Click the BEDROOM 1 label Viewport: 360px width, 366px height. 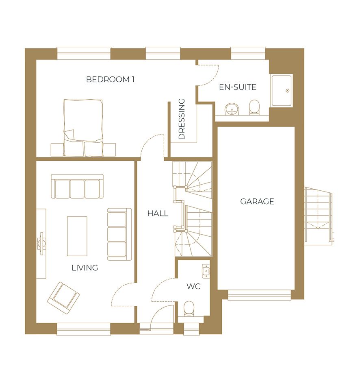[x=110, y=79]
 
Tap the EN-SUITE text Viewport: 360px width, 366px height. [x=238, y=87]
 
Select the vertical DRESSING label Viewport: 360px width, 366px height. [x=181, y=119]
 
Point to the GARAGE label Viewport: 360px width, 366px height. [x=257, y=201]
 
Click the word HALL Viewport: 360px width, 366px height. [x=158, y=213]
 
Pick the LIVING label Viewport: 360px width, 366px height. [x=85, y=268]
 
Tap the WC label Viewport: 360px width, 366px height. [x=193, y=286]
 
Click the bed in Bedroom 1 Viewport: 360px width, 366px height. [x=83, y=128]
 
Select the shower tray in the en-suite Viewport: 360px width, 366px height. [x=282, y=90]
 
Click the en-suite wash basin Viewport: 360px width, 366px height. [x=232, y=109]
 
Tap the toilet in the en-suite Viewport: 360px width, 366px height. [x=254, y=108]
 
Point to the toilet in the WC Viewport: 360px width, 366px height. [x=189, y=308]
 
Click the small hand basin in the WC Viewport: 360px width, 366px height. [x=206, y=271]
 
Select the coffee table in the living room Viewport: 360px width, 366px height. [x=77, y=236]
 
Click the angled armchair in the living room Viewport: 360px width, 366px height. [x=63, y=298]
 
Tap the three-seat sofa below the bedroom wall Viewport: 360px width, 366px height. [x=77, y=186]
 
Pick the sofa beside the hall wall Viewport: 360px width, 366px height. [x=119, y=234]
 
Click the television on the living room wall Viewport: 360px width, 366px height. [x=41, y=244]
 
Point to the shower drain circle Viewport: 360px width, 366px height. [x=288, y=91]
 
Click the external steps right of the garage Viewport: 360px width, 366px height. [x=319, y=216]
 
